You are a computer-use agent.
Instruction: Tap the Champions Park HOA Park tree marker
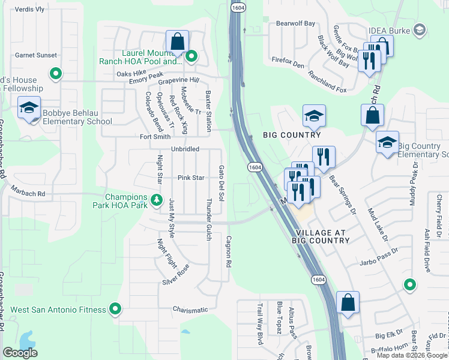[157, 200]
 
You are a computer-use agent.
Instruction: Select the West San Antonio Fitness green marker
[115, 310]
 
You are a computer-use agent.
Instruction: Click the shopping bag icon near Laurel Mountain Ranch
[177, 42]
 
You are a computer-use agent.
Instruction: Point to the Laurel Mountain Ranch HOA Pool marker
[191, 58]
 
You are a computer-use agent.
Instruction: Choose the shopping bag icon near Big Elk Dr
[348, 304]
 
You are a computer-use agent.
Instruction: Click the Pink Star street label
[191, 178]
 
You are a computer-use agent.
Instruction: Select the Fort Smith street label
[156, 136]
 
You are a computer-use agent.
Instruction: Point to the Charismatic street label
[190, 310]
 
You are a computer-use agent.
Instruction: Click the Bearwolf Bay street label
[295, 23]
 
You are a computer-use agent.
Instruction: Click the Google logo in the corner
[20, 353]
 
